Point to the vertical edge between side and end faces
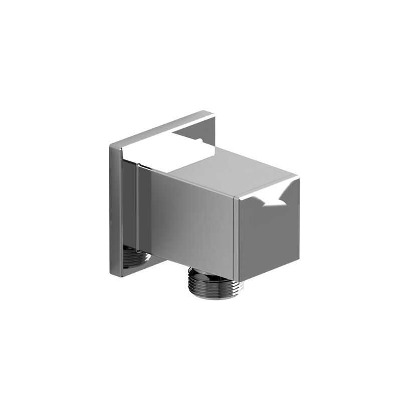tap(236, 236)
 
